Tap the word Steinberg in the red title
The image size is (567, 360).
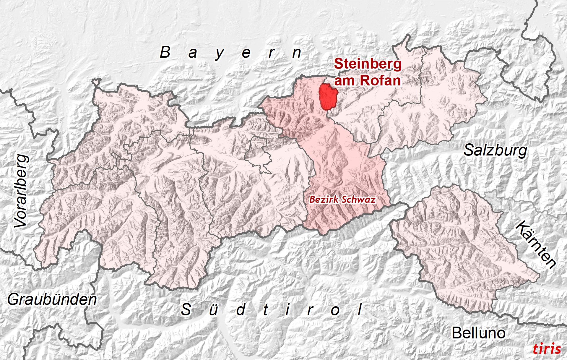point(368,64)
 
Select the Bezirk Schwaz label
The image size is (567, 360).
point(342,200)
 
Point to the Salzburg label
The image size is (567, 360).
point(495,150)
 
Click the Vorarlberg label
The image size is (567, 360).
point(21,191)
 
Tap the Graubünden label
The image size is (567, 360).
point(52,299)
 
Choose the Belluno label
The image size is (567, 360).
point(478,333)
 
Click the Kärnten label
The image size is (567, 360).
point(536,244)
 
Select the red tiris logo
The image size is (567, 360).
point(547,349)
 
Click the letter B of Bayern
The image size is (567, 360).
point(165,52)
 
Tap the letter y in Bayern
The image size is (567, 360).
point(219,54)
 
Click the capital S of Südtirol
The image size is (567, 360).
point(186,310)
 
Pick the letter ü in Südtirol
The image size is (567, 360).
point(213,310)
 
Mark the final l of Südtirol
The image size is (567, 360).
point(360,309)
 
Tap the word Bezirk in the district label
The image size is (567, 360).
point(321,200)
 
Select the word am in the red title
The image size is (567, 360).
point(344,81)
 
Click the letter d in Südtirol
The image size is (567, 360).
point(241,310)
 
